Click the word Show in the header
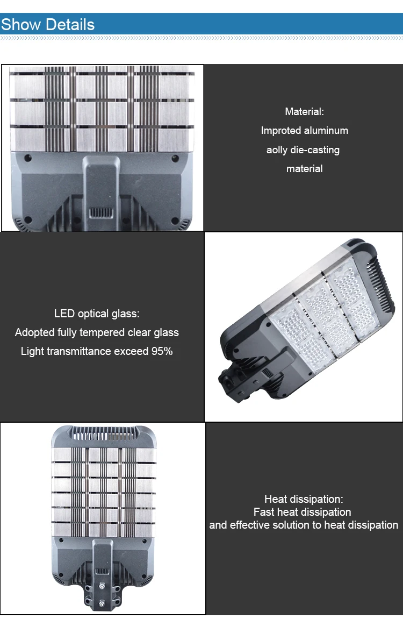coord(21,25)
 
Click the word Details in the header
coord(70,25)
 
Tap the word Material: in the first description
coord(304,112)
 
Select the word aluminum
coord(326,131)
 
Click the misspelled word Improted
coord(281,131)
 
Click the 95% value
coord(162,352)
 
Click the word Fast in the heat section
coord(264,513)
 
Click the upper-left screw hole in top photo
coord(27,159)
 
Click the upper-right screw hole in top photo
coord(175,159)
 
